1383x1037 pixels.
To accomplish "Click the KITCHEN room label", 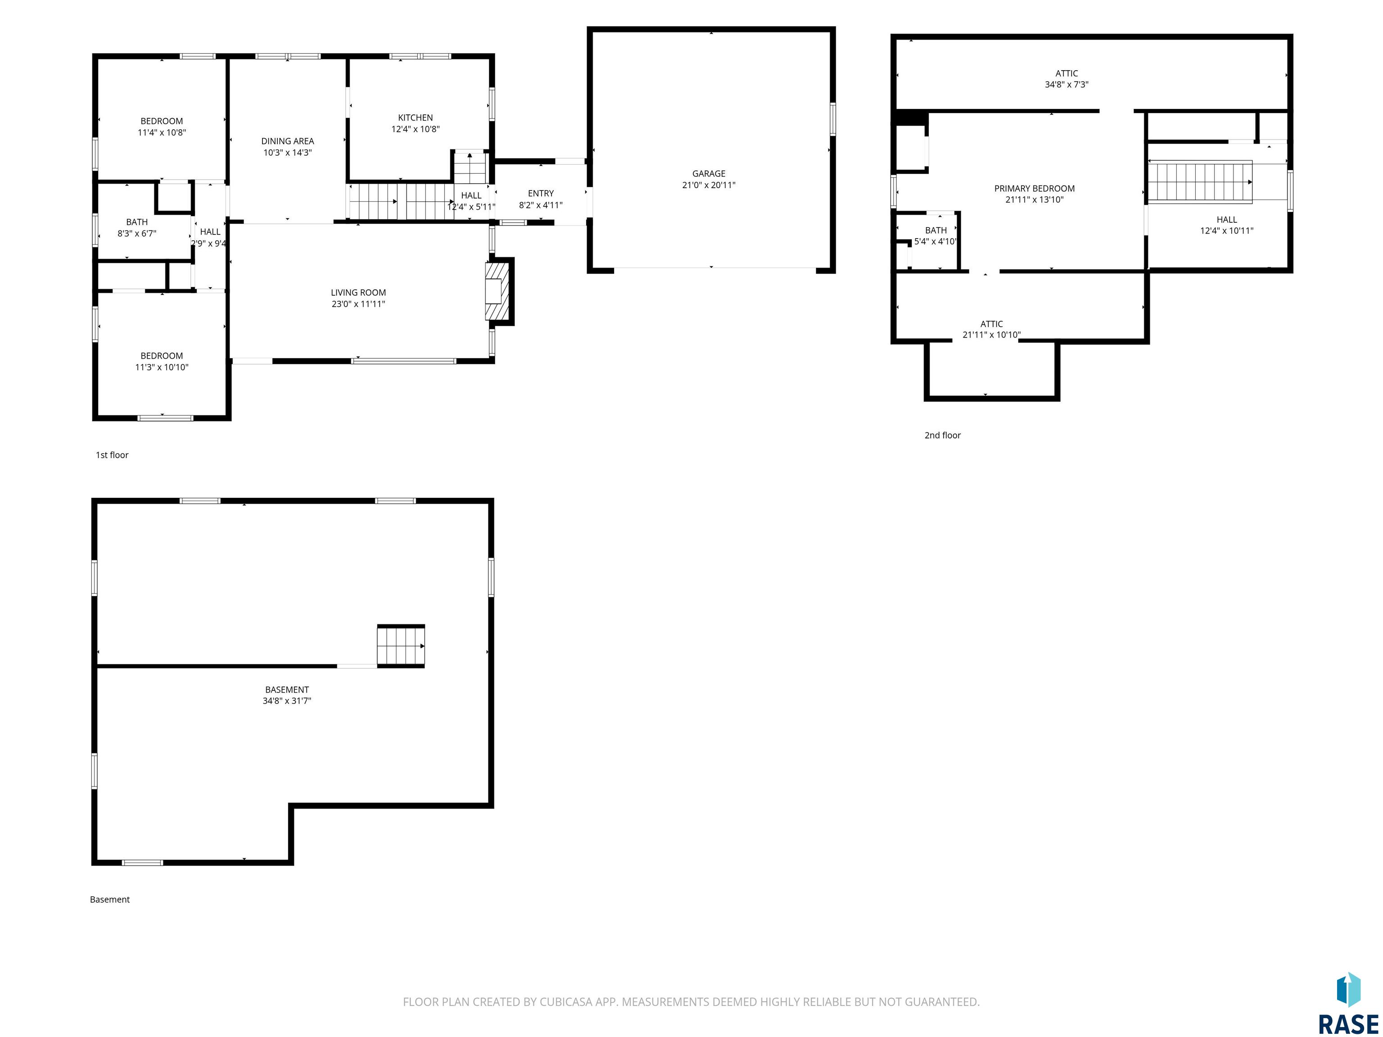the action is click(x=415, y=117).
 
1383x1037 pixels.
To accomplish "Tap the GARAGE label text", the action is click(x=708, y=174).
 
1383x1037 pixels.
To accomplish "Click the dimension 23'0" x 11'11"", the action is click(x=358, y=304).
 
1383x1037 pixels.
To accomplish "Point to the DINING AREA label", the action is click(x=288, y=141).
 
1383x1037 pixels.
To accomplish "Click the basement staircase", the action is click(x=401, y=646).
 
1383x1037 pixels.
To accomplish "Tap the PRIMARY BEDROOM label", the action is click(x=1034, y=188).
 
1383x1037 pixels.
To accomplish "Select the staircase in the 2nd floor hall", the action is click(x=1200, y=182).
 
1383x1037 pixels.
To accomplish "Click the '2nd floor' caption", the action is click(x=942, y=435).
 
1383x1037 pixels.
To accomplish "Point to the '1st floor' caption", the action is click(x=112, y=455).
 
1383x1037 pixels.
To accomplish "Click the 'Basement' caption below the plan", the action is click(x=109, y=899).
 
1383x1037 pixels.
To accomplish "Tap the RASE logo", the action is click(x=1348, y=1003).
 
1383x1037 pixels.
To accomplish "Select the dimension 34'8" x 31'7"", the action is click(x=287, y=701).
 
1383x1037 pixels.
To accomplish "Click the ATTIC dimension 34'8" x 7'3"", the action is click(x=1066, y=84).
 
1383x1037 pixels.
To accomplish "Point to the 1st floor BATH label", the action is click(x=137, y=222).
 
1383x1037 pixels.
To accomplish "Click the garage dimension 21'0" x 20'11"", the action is click(x=708, y=185).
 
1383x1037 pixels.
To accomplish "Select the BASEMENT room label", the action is click(x=287, y=690).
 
